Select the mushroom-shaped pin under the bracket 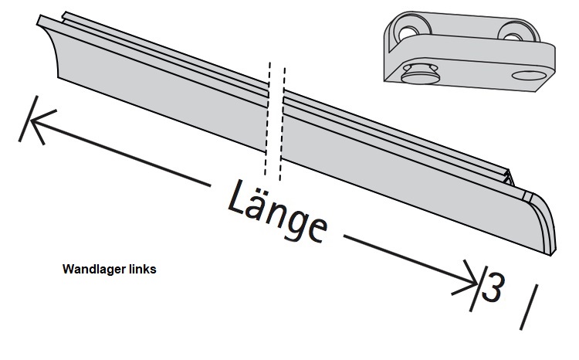pos(418,76)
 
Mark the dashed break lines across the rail pos(275,116)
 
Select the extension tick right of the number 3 pos(529,304)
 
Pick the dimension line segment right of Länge pos(401,254)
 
